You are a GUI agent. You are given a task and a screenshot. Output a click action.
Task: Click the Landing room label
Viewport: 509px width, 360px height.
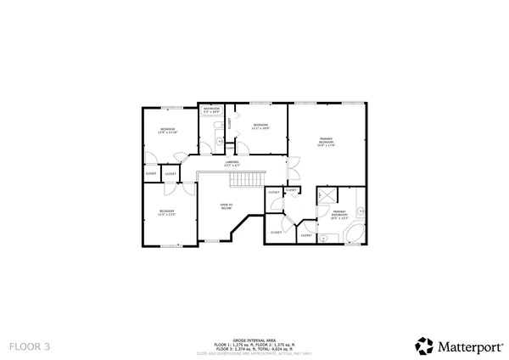(232, 163)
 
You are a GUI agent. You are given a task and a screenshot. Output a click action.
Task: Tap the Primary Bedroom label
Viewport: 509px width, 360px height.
(327, 142)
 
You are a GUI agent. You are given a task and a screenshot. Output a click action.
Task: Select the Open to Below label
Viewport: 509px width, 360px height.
(227, 205)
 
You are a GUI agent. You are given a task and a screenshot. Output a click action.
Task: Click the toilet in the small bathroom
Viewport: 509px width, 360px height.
(219, 141)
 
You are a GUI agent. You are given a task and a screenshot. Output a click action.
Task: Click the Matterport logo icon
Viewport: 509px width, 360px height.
(424, 346)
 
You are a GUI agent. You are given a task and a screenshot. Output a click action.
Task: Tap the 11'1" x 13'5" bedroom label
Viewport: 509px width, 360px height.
(167, 211)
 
